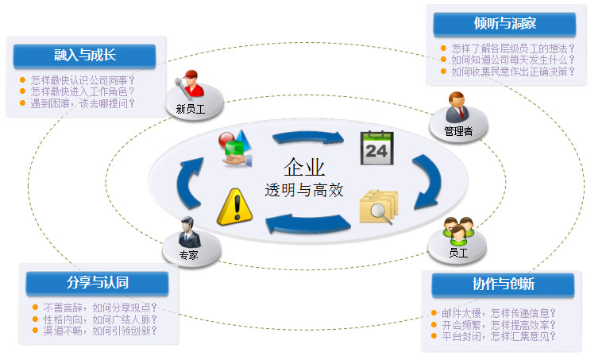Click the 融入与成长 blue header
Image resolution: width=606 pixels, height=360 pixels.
tap(84, 55)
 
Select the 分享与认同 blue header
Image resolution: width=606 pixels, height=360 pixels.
tap(98, 283)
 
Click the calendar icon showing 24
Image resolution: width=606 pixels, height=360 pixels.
tap(376, 147)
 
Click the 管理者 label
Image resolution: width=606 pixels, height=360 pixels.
tap(458, 131)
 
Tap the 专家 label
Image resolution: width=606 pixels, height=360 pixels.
tap(188, 255)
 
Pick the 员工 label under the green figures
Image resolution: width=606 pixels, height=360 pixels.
tap(458, 252)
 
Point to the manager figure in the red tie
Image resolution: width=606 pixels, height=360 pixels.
tap(458, 107)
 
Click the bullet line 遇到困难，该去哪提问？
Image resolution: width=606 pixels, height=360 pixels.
tap(83, 103)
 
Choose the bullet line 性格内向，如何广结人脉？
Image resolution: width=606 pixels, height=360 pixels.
tap(99, 319)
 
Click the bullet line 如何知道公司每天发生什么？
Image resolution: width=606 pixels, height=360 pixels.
tap(512, 60)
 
